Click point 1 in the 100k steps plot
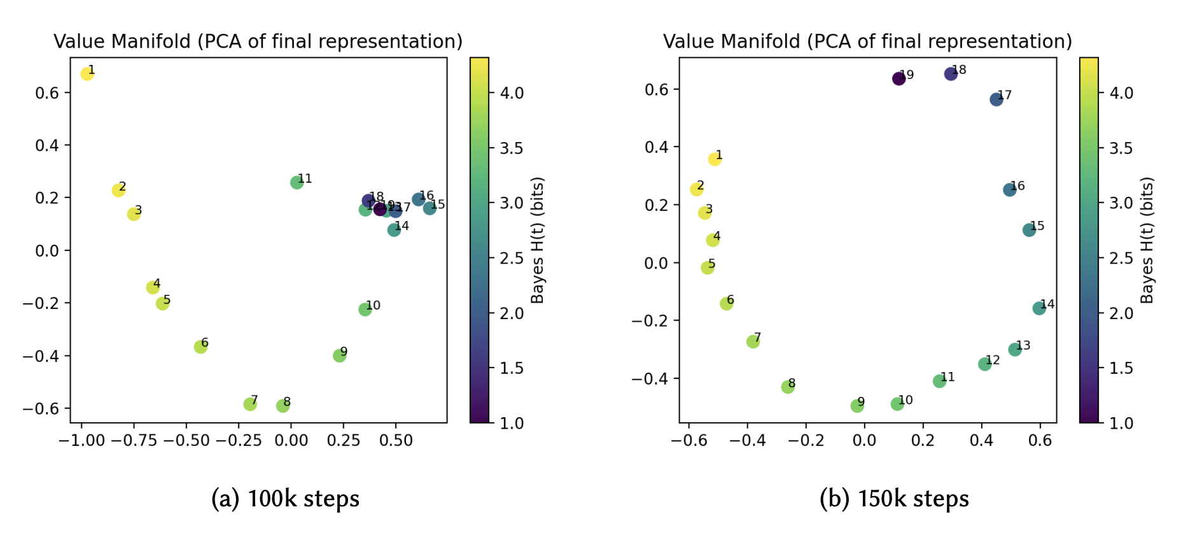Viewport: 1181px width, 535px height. pos(87,74)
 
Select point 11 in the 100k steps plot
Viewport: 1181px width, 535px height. pos(297,183)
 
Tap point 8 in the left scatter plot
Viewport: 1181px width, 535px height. pos(283,406)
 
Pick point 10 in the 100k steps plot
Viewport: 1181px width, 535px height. pos(365,310)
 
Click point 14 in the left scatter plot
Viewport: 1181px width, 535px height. pos(394,230)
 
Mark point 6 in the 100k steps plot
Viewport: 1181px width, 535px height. pos(200,347)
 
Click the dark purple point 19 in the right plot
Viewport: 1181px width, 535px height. pos(898,79)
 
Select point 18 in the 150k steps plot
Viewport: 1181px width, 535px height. pos(951,74)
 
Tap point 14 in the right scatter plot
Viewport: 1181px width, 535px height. pos(1039,308)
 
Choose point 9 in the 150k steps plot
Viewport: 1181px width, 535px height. pos(857,406)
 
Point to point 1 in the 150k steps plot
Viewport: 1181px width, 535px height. pos(715,159)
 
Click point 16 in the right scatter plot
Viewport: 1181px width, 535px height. pos(1009,190)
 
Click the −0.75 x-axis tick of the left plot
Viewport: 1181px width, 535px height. pos(134,440)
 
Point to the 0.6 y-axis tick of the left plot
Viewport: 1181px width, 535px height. pos(47,93)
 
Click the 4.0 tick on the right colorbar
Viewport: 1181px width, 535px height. pos(1121,93)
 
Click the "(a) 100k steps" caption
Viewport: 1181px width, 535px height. pos(285,499)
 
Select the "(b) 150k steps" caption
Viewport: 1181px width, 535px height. pos(894,499)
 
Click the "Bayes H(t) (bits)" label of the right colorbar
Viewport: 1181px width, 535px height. pos(1147,240)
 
